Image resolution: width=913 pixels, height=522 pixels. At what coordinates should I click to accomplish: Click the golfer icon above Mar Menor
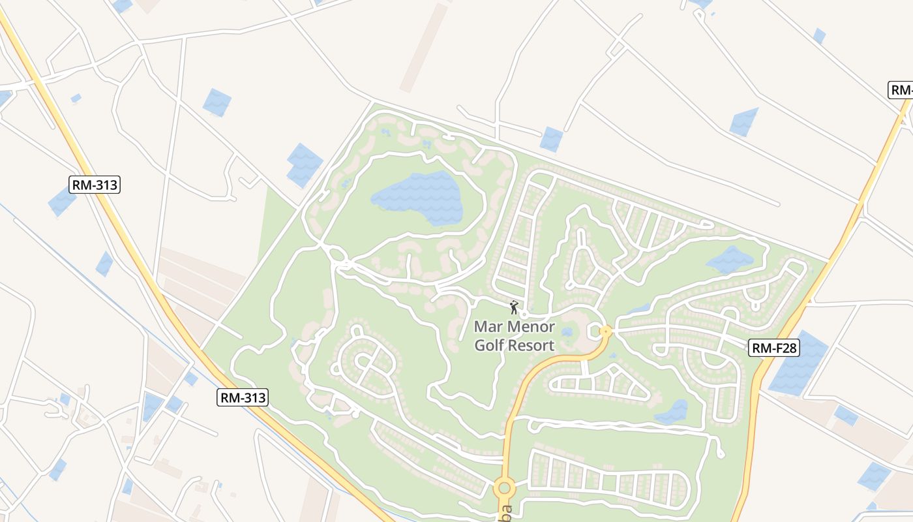pyautogui.click(x=514, y=307)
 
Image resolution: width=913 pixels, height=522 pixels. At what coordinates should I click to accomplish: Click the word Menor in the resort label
pyautogui.click(x=529, y=326)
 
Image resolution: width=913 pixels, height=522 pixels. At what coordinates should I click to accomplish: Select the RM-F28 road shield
pyautogui.click(x=775, y=348)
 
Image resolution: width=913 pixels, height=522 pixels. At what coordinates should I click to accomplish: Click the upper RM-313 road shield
pyautogui.click(x=95, y=185)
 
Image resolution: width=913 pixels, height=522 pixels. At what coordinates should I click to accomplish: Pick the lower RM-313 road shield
pyautogui.click(x=243, y=397)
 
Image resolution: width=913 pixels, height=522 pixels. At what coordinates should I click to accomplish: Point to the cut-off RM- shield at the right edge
pyautogui.click(x=901, y=90)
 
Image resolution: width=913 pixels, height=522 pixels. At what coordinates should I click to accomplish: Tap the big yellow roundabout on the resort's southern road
pyautogui.click(x=504, y=487)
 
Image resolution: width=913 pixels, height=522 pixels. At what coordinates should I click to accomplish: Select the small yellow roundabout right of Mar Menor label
pyautogui.click(x=605, y=331)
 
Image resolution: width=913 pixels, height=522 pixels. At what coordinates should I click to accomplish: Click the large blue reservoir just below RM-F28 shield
pyautogui.click(x=798, y=364)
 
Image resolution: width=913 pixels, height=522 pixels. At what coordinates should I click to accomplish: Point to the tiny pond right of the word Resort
pyautogui.click(x=567, y=332)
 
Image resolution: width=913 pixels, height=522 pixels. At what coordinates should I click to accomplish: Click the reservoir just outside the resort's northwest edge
pyautogui.click(x=304, y=164)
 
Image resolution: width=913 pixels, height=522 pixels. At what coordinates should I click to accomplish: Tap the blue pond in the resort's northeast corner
pyautogui.click(x=730, y=260)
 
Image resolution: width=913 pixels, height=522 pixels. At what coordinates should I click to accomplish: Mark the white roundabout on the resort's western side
pyautogui.click(x=335, y=254)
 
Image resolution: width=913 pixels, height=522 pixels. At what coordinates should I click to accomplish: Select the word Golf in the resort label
pyautogui.click(x=488, y=346)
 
